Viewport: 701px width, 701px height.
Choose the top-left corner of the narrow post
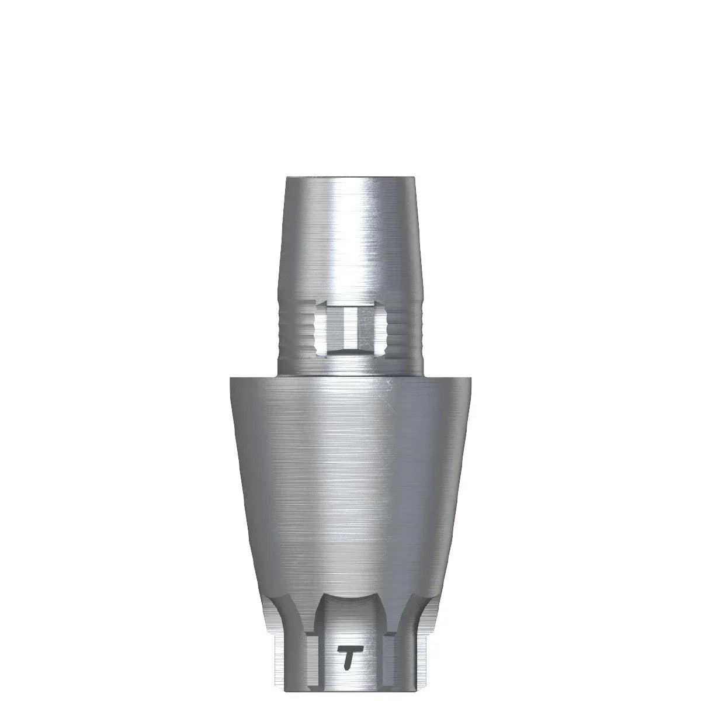[286, 178]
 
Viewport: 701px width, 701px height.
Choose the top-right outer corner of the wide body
[471, 379]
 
